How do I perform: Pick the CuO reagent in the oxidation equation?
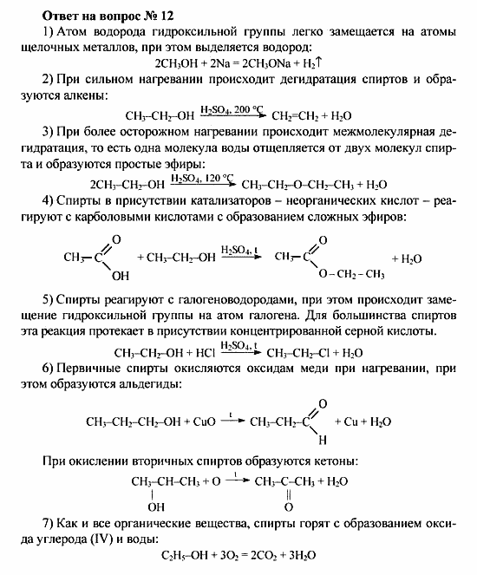pyautogui.click(x=193, y=421)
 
